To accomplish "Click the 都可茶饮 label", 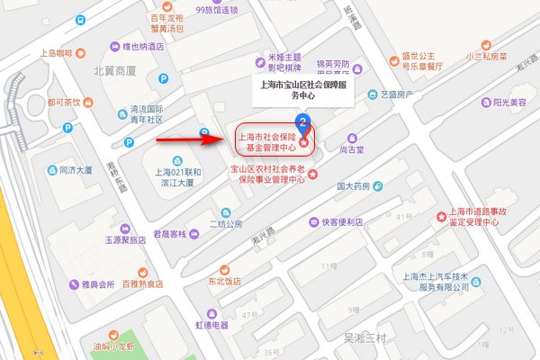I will (65, 102).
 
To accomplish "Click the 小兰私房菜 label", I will (484, 53).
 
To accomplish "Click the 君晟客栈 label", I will (167, 234).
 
